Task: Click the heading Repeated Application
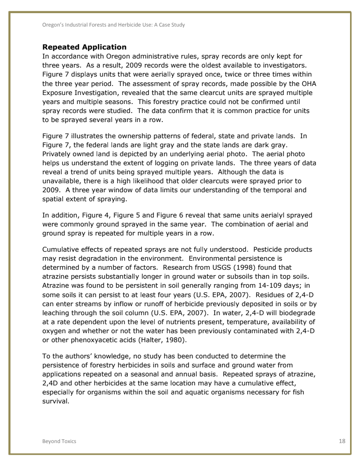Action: (84, 47)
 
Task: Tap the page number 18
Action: (342, 441)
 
